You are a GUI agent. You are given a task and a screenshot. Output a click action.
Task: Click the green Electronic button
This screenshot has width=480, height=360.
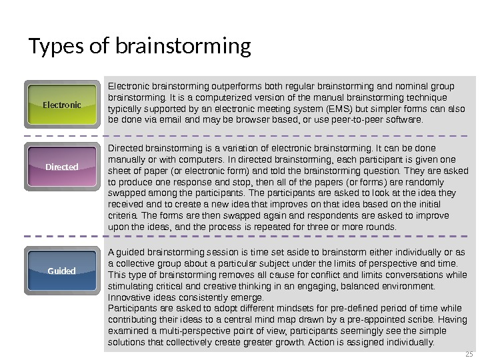click(61, 105)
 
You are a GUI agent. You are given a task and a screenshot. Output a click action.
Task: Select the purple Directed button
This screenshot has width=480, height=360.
click(61, 167)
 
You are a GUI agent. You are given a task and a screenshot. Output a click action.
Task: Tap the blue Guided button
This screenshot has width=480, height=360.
click(61, 271)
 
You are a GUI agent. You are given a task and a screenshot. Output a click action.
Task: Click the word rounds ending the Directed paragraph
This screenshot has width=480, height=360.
click(382, 227)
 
